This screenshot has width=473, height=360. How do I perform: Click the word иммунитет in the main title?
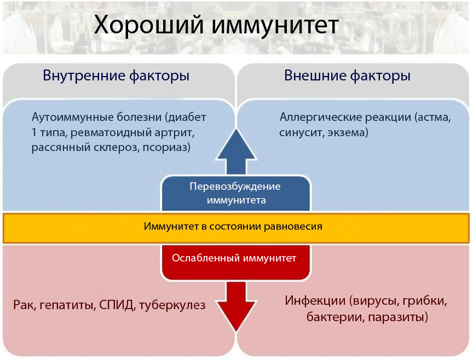pos(275,25)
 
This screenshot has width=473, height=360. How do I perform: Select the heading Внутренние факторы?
pos(116,76)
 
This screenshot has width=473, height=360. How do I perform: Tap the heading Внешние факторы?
pos(347,76)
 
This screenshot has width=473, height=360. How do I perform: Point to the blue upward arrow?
pos(236,152)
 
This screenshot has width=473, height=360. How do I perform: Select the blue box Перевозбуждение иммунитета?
pos(236,193)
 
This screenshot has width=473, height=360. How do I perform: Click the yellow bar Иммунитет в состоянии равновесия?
pos(236,228)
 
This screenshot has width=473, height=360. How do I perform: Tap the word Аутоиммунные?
pos(73,117)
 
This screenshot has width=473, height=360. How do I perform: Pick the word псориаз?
pos(166,147)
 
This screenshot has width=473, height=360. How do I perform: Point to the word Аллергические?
pos(321,117)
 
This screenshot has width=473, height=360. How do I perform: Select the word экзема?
pos(348,132)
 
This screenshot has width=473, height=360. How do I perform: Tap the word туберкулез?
pos(172,305)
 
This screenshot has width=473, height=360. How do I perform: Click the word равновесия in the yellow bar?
pos(293,226)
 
